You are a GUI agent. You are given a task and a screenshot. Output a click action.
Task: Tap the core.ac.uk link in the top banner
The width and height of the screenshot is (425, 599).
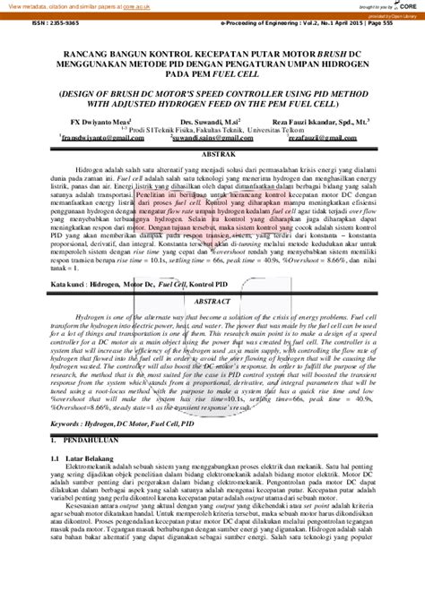click(134, 6)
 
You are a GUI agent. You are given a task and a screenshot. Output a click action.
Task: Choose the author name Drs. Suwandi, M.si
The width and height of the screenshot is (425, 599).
click(209, 119)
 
